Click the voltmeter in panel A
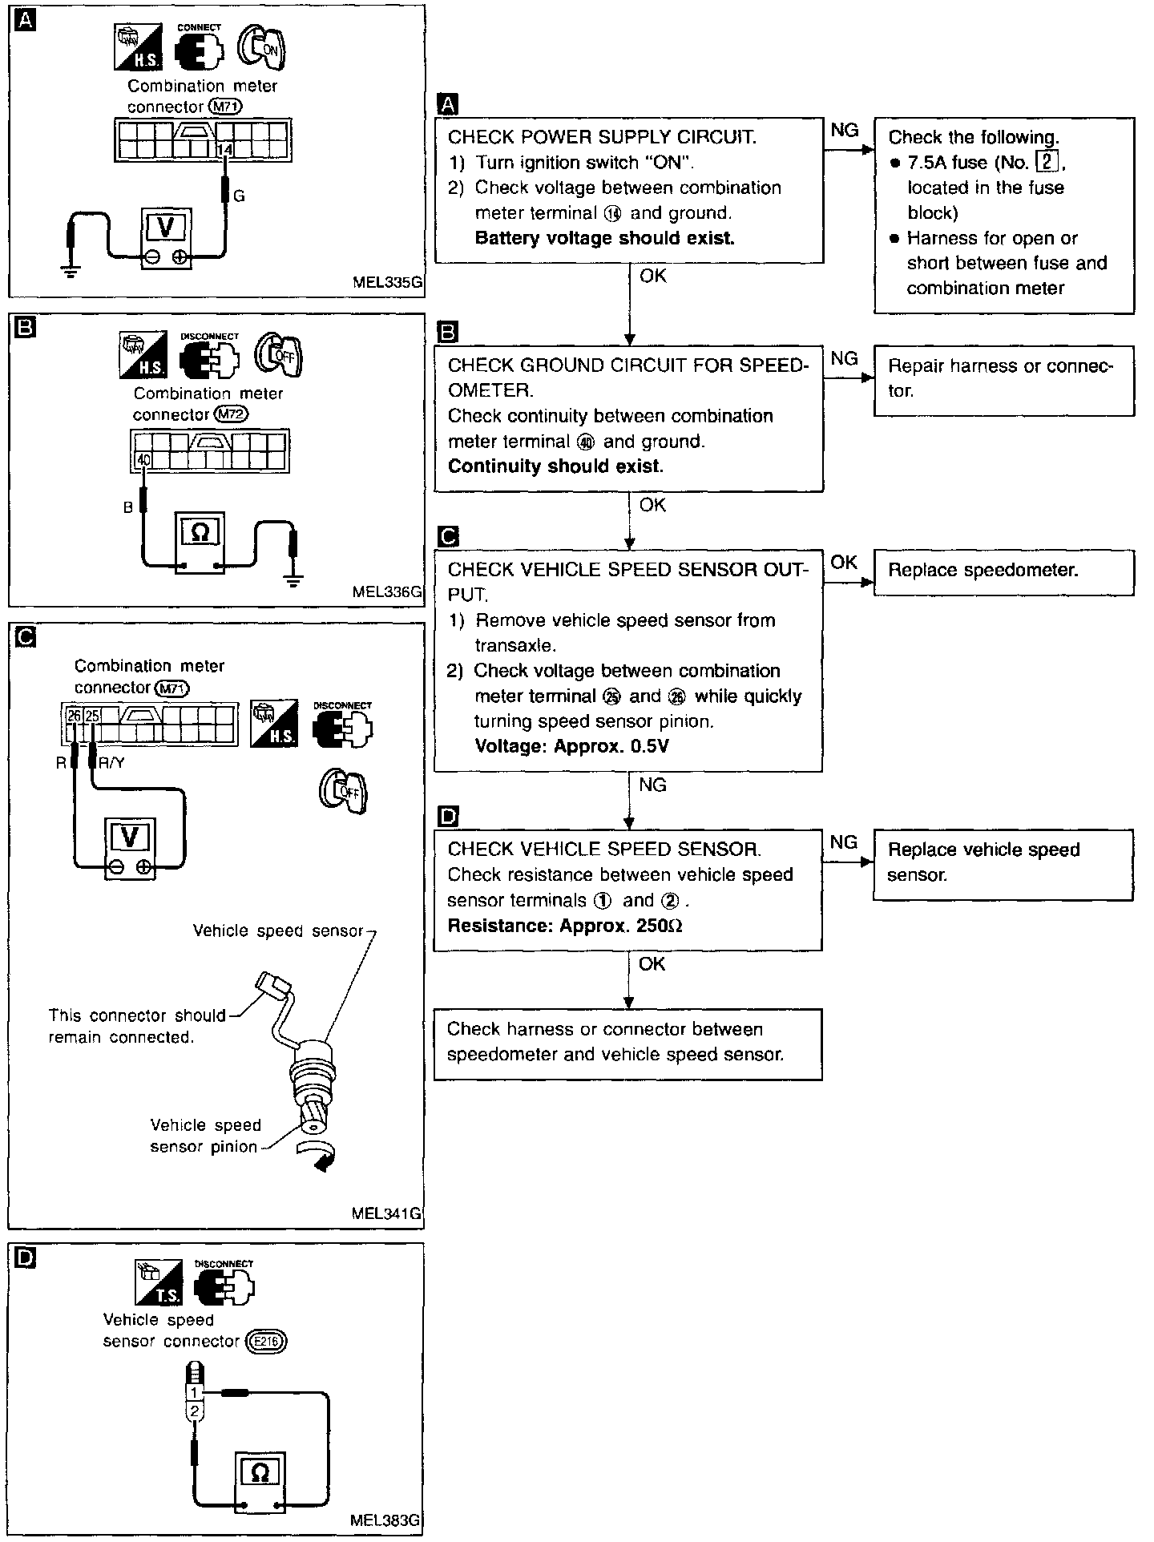pyautogui.click(x=167, y=239)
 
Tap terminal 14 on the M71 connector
pyautogui.click(x=226, y=150)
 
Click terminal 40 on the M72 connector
pyautogui.click(x=143, y=460)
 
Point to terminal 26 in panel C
pyautogui.click(x=74, y=715)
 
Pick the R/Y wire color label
pyautogui.click(x=111, y=762)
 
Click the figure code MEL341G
pyautogui.click(x=386, y=1213)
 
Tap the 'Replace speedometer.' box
pyautogui.click(x=1003, y=571)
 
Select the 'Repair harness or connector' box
pyautogui.click(x=1003, y=380)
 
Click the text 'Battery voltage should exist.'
pyautogui.click(x=604, y=238)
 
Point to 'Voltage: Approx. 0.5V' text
pyautogui.click(x=571, y=746)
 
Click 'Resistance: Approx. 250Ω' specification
pyautogui.click(x=565, y=926)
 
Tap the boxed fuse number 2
pyautogui.click(x=1047, y=162)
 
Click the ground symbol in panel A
pyautogui.click(x=71, y=269)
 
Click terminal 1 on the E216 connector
pyautogui.click(x=193, y=1393)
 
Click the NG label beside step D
pyautogui.click(x=844, y=842)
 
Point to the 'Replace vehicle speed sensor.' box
pyautogui.click(x=1003, y=864)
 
